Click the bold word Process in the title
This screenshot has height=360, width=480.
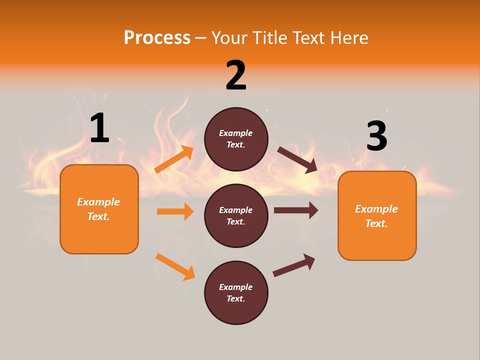[157, 38]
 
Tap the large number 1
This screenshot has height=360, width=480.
[99, 128]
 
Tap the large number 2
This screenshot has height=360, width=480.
[236, 75]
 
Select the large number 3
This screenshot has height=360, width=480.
[376, 136]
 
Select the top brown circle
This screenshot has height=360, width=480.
[236, 139]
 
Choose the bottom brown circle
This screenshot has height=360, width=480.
[236, 292]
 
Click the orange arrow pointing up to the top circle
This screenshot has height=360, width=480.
[174, 159]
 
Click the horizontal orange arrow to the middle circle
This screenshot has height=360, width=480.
[175, 211]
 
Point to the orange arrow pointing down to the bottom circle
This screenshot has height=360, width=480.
[175, 266]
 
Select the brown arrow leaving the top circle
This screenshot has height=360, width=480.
[297, 159]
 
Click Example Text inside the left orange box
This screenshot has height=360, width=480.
[98, 209]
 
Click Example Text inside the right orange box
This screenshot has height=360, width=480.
[376, 216]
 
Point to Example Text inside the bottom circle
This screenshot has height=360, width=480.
[235, 293]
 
